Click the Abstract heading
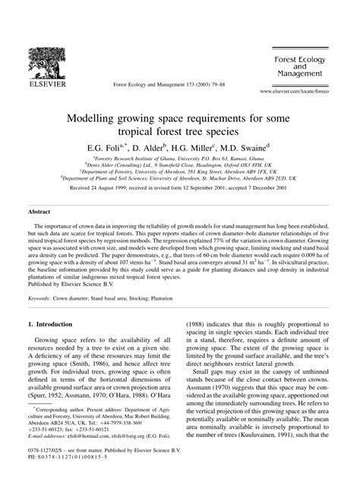point(40,213)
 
